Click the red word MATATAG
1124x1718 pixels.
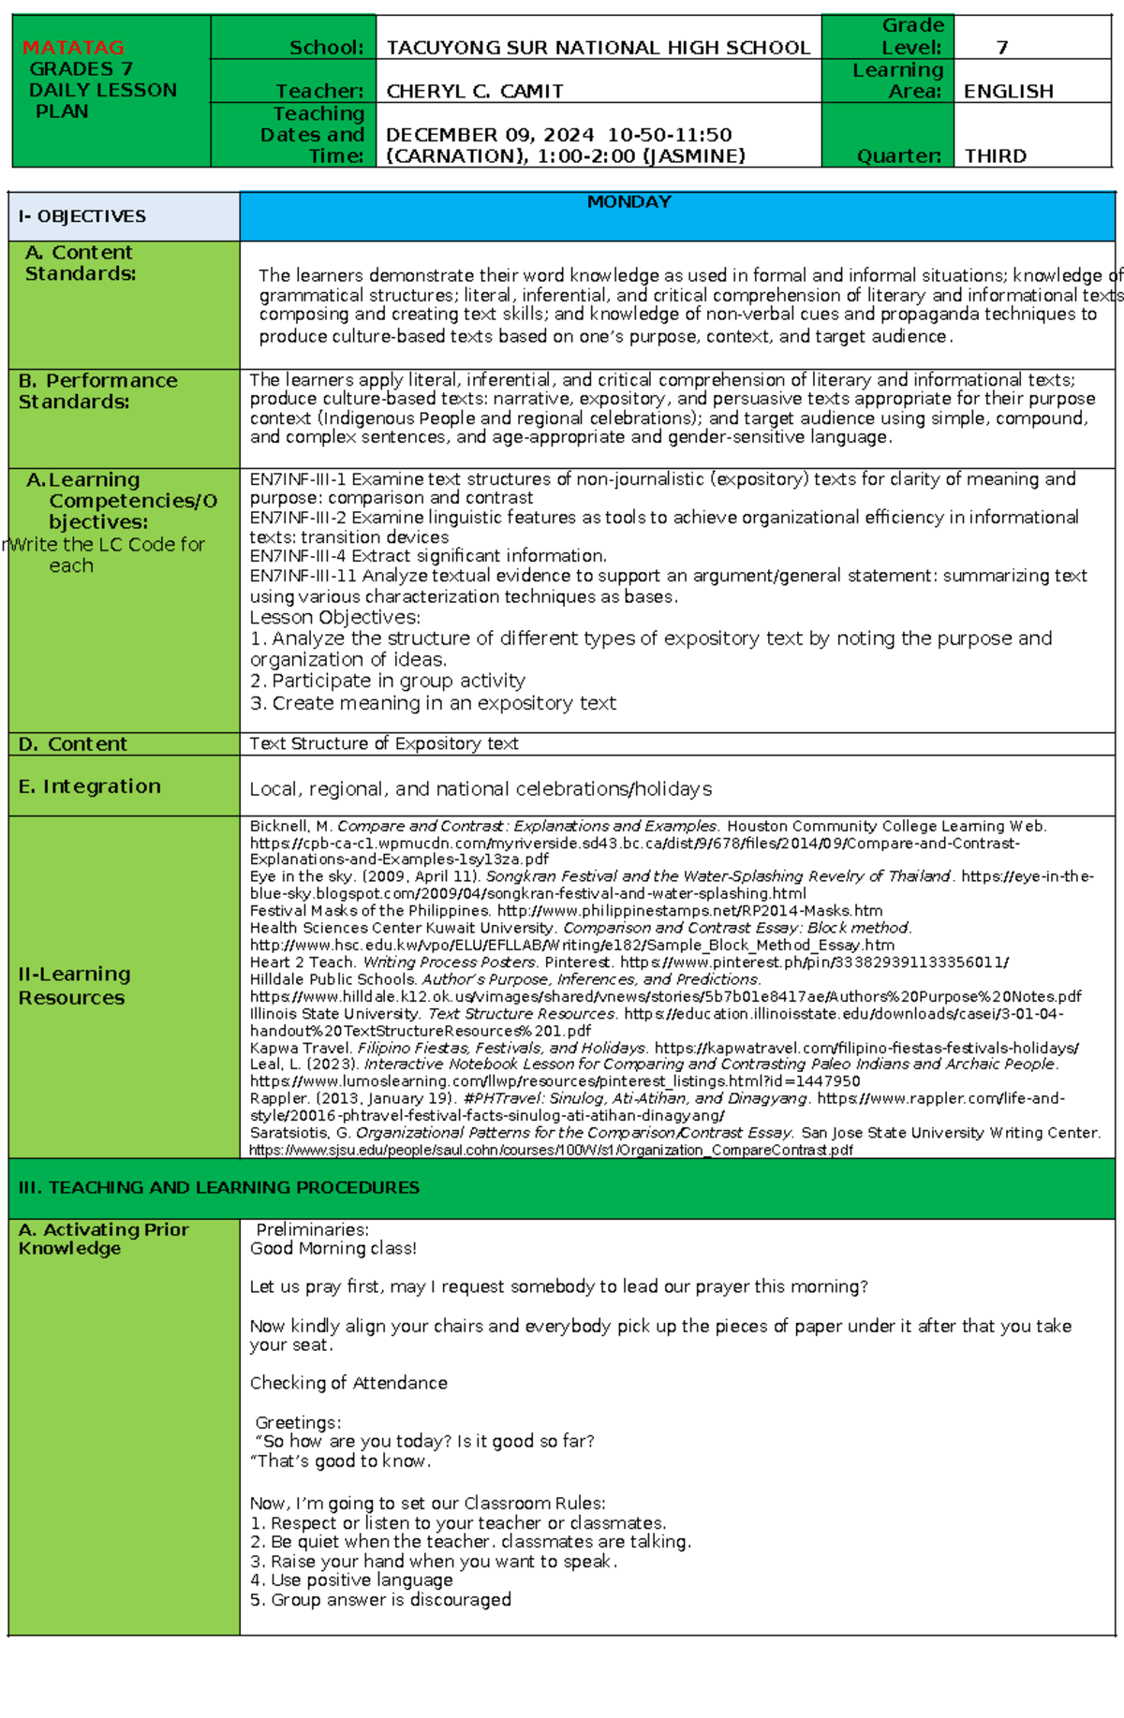pyautogui.click(x=73, y=47)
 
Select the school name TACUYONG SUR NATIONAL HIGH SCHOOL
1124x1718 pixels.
pyautogui.click(x=598, y=48)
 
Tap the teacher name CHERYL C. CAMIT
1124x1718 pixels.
pyautogui.click(x=475, y=91)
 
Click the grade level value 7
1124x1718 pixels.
pyautogui.click(x=1002, y=47)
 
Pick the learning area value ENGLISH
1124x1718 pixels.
pyautogui.click(x=1008, y=91)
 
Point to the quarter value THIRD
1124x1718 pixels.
pyautogui.click(x=995, y=155)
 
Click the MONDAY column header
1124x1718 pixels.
pyautogui.click(x=629, y=201)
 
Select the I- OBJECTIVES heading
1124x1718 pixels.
pyautogui.click(x=82, y=216)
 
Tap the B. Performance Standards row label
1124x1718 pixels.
pyautogui.click(x=97, y=390)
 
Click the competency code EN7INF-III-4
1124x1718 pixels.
pyautogui.click(x=297, y=556)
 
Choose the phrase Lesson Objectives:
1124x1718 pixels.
pyautogui.click(x=334, y=617)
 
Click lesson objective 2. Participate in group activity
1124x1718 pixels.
pyautogui.click(x=387, y=681)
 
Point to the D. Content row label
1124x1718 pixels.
pyautogui.click(x=72, y=744)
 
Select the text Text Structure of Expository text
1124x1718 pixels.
pyautogui.click(x=383, y=743)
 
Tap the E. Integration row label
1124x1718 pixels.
pyautogui.click(x=89, y=786)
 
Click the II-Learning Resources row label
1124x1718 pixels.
pyautogui.click(x=74, y=986)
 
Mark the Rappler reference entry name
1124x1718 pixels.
pyautogui.click(x=278, y=1098)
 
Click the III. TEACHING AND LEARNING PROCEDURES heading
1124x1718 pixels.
pyautogui.click(x=218, y=1187)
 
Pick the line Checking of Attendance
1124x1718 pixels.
pyautogui.click(x=348, y=1383)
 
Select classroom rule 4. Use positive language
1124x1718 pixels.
pyautogui.click(x=351, y=1579)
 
